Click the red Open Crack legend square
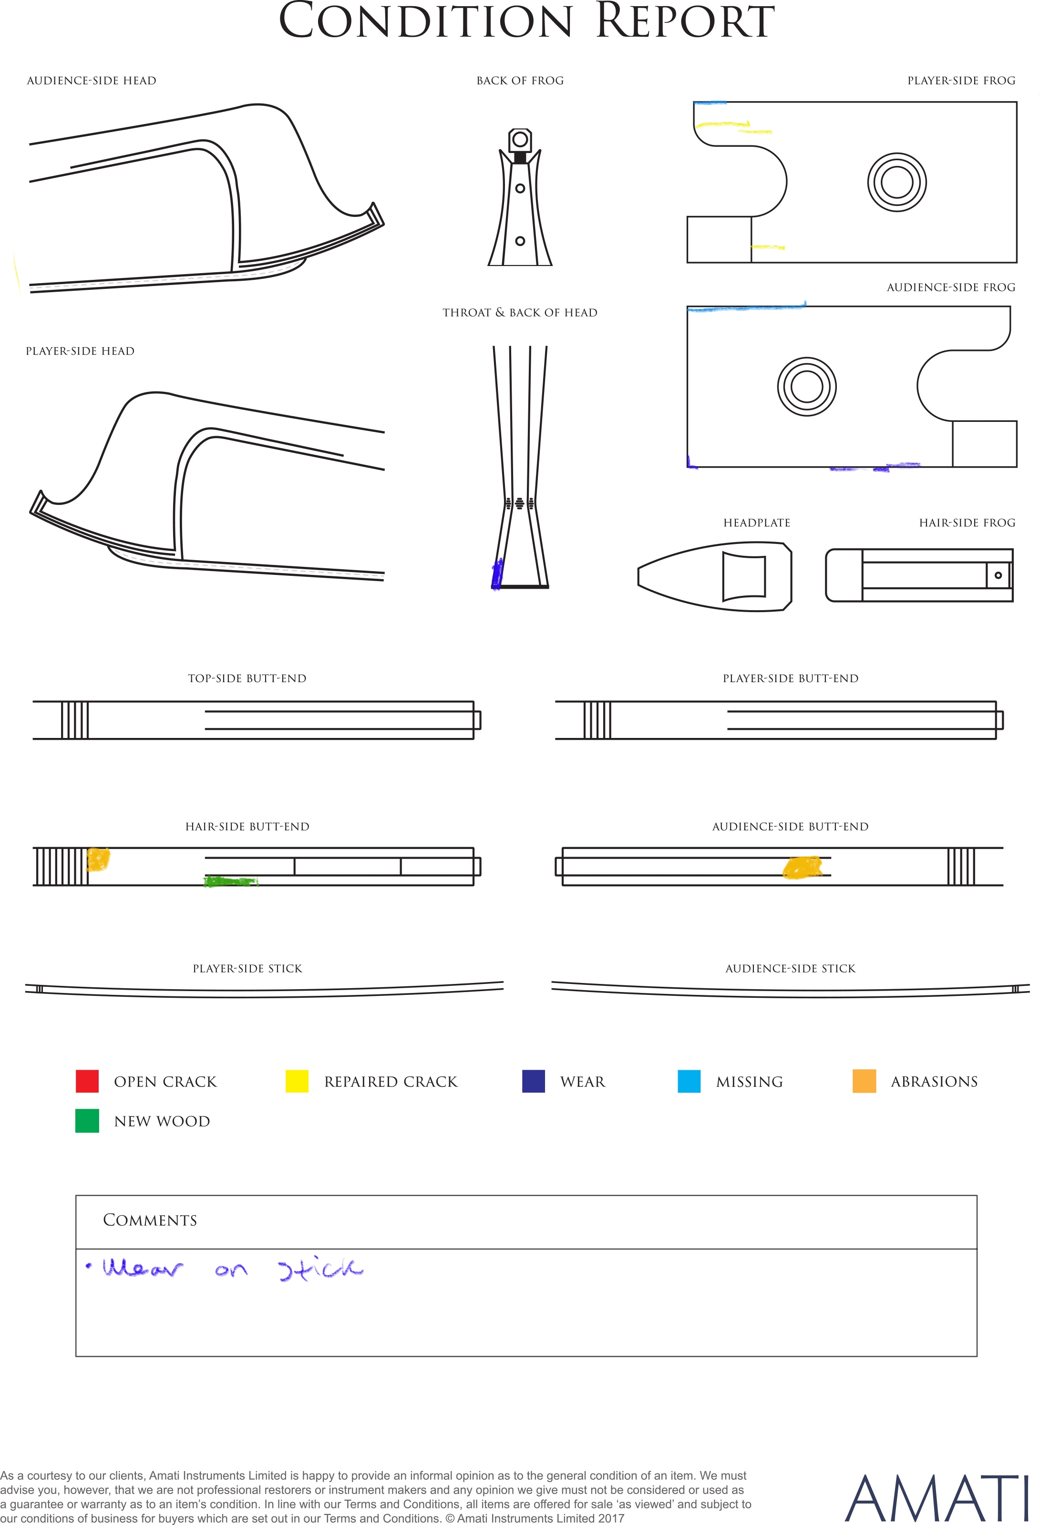87,1081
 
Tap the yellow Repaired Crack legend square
297,1081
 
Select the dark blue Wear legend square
533,1081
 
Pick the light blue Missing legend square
689,1081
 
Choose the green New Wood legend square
87,1120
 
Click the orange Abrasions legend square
864,1081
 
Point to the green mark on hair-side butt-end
230,881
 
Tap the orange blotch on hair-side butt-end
98,859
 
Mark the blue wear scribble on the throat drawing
497,574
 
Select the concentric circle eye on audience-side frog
807,387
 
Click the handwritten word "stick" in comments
320,1270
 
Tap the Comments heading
150,1220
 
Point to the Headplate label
756,523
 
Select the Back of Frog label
520,81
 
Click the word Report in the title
685,21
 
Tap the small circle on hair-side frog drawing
998,575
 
